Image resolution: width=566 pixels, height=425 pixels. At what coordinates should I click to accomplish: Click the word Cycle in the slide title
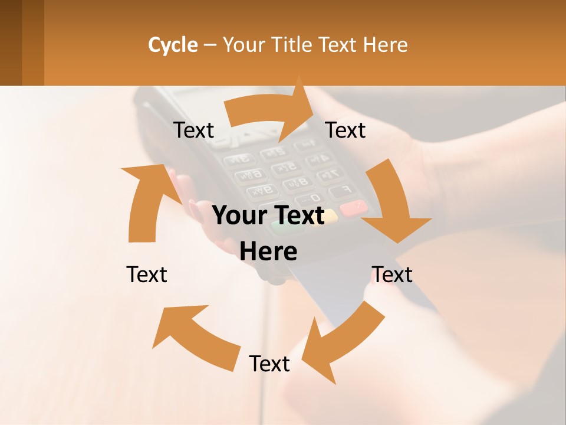(173, 45)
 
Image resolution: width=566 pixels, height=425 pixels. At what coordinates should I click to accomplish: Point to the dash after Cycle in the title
(210, 45)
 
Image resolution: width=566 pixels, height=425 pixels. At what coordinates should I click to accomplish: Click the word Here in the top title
(386, 45)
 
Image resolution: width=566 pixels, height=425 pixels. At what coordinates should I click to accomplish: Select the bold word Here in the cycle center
(268, 251)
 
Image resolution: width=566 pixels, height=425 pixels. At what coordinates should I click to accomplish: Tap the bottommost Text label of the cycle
(269, 364)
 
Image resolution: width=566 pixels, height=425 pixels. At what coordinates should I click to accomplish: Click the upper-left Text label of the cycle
(194, 130)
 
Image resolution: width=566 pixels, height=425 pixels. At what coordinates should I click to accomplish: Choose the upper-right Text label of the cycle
(345, 130)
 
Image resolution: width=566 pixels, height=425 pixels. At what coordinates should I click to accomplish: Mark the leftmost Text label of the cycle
(147, 274)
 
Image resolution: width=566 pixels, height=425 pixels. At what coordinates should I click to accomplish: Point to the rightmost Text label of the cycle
(392, 274)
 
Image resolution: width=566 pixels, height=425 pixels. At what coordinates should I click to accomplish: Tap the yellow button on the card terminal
(330, 216)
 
